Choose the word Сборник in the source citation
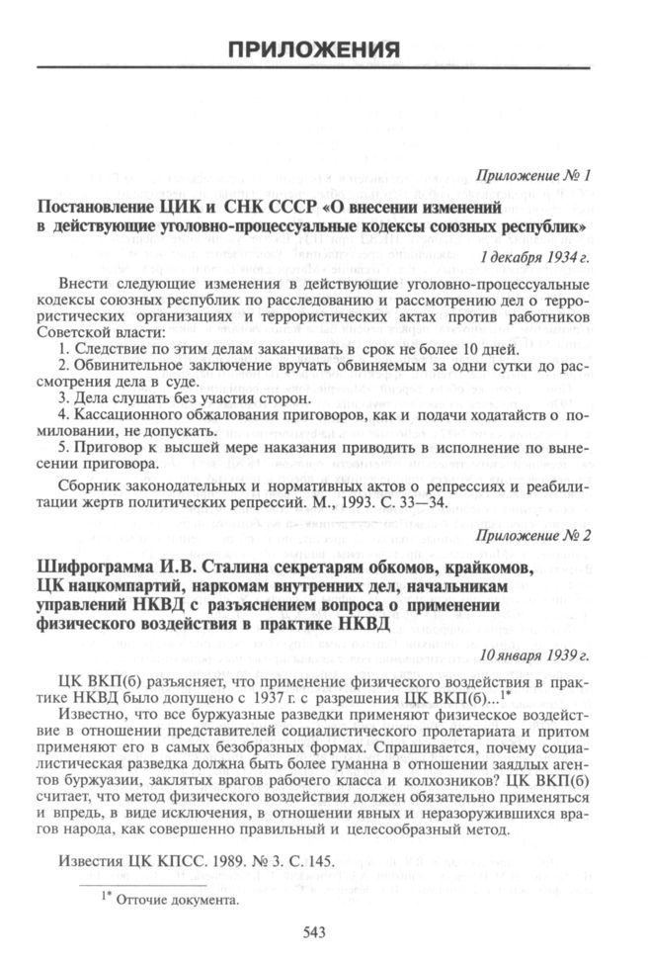point(88,486)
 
